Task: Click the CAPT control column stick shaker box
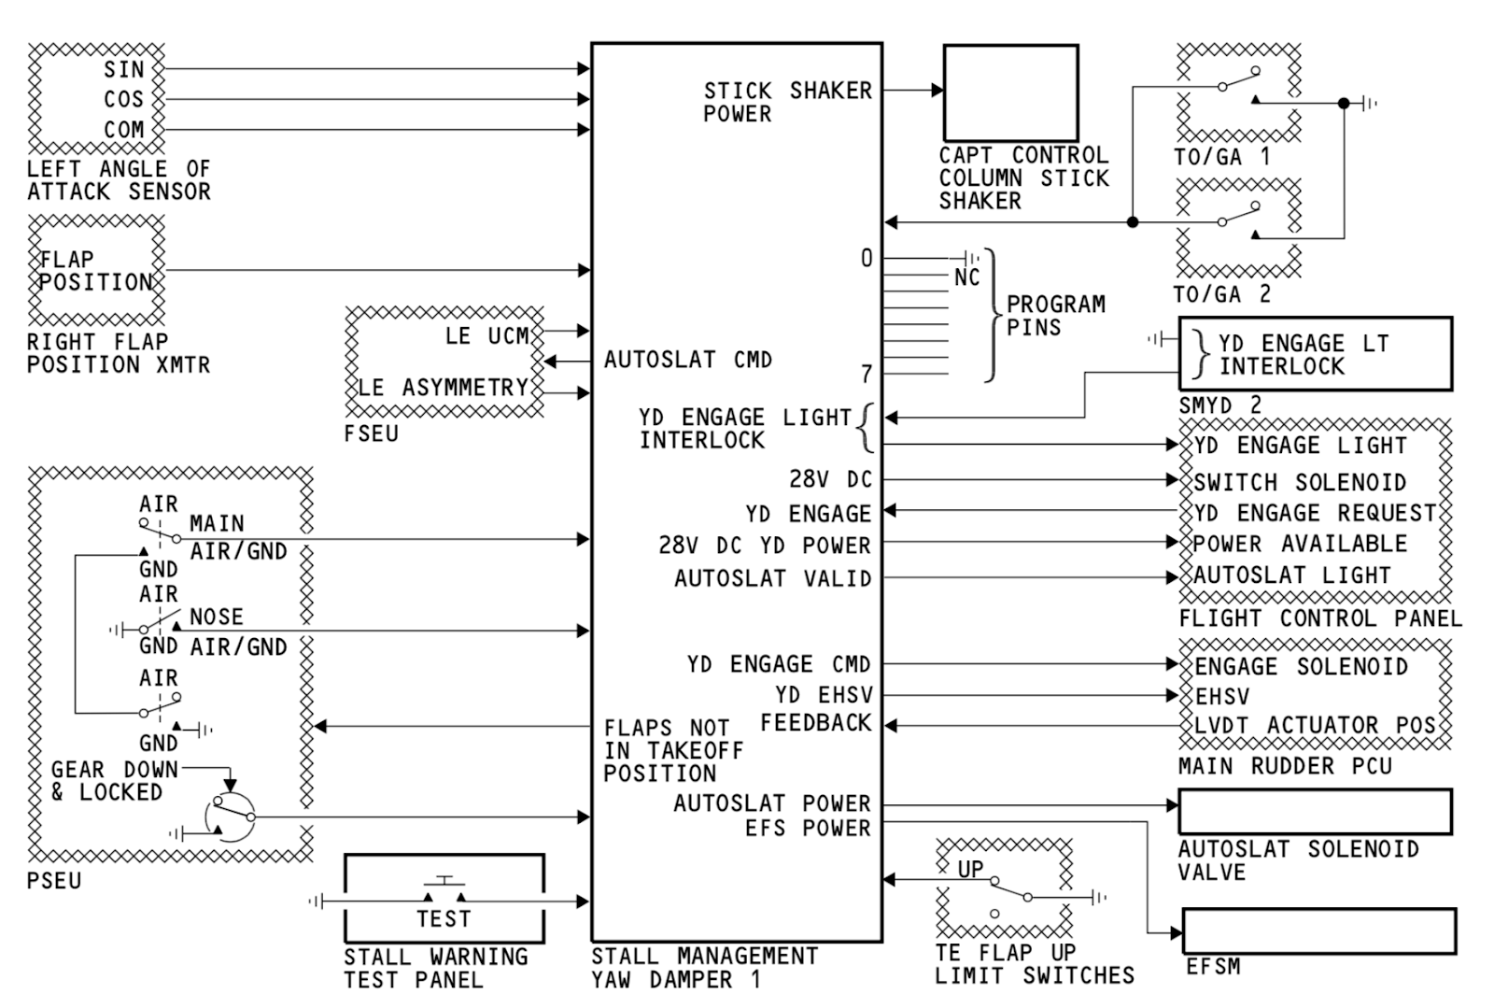[1010, 92]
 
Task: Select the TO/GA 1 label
[1221, 157]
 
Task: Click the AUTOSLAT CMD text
[687, 360]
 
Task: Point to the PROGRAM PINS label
[1055, 316]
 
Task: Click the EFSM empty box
[1318, 930]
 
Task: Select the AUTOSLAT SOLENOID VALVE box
[1315, 812]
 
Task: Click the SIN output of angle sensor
[124, 69]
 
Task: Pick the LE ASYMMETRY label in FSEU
[444, 387]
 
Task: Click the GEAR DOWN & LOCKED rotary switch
[231, 817]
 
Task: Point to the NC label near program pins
[967, 277]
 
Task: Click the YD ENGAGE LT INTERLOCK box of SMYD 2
[1315, 354]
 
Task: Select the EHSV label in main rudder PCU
[1221, 697]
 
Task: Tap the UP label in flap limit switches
[970, 869]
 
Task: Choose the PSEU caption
[54, 880]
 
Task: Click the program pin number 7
[866, 374]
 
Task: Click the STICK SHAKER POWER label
[786, 102]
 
